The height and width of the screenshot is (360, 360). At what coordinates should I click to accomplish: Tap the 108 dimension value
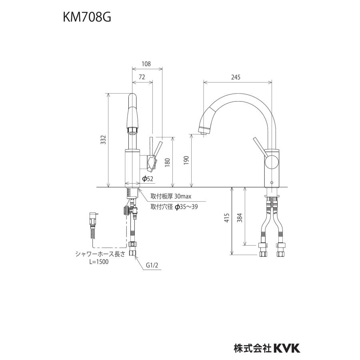[146, 64]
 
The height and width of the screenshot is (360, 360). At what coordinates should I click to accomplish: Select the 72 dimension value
[142, 78]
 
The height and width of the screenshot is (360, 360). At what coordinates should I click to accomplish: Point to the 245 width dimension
[236, 78]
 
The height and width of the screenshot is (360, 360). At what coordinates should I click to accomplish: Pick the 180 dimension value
[167, 162]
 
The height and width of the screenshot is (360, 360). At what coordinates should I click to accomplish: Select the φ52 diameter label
[148, 179]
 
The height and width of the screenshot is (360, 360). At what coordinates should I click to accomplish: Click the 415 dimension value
[226, 218]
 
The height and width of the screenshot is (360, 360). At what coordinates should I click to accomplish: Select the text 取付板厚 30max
[171, 197]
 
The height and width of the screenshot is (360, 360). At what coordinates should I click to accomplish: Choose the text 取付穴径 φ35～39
[174, 208]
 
